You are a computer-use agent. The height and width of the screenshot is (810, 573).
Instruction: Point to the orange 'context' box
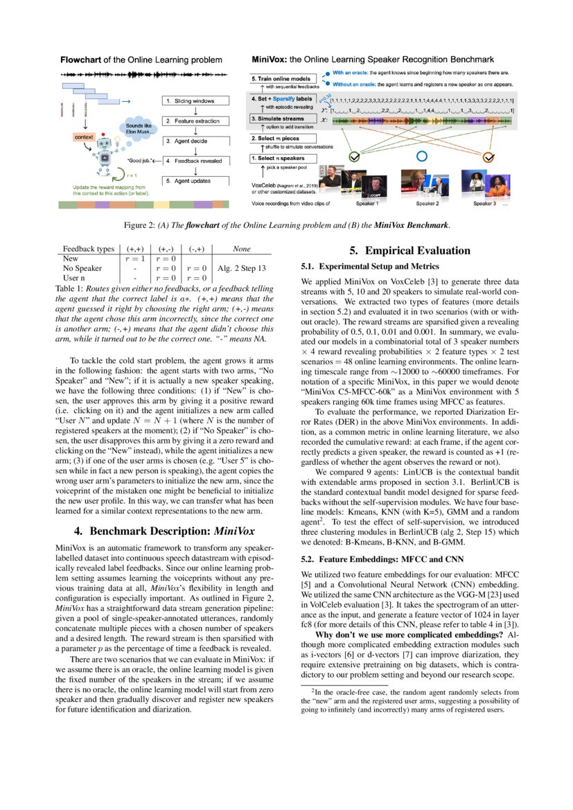(x=83, y=137)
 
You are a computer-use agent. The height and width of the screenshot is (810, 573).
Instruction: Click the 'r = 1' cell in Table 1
(x=132, y=258)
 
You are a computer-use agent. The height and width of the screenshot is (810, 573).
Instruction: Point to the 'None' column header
(x=241, y=249)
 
